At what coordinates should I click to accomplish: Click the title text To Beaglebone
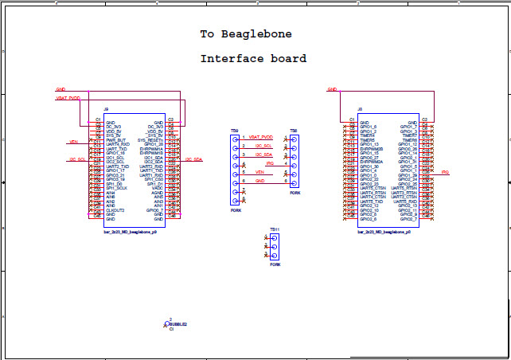pos(245,34)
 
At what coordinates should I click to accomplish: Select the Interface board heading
pos(253,59)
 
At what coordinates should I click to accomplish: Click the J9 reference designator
pos(106,109)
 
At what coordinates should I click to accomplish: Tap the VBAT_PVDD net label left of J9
pos(68,98)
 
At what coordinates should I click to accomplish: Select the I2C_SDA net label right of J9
pos(193,159)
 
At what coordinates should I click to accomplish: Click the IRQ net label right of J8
pos(445,172)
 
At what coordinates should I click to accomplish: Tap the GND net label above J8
pos(332,89)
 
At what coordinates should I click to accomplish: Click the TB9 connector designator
pos(234,130)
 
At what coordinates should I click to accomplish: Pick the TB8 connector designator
pos(293,130)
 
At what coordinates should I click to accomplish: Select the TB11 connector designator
pos(274,229)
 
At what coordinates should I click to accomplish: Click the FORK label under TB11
pos(275,264)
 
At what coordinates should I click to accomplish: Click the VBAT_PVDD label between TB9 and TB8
pos(260,137)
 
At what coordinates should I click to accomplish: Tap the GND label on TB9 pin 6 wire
pos(259,181)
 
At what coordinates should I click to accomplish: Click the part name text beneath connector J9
pos(130,232)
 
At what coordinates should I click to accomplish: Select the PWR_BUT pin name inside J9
pos(115,139)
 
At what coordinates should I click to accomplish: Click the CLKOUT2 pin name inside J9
pos(115,209)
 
